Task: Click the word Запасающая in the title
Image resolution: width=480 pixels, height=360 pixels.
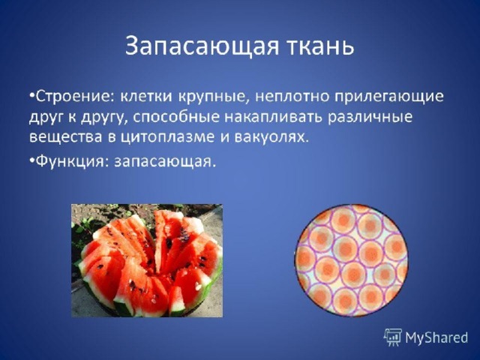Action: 202,46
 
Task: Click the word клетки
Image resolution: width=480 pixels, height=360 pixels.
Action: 145,97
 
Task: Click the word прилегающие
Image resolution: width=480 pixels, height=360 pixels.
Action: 388,98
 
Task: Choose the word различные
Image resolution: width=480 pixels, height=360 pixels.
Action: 370,117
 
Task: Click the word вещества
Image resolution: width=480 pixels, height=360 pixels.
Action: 65,136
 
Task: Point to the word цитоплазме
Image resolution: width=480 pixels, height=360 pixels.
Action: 166,137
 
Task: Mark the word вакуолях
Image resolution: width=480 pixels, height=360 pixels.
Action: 270,137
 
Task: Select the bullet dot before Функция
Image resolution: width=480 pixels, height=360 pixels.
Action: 32,160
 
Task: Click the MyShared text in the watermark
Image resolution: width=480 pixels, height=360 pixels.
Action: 436,338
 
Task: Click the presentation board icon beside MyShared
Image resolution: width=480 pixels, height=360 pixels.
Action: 393,337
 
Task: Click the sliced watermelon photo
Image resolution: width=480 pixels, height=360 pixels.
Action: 147,260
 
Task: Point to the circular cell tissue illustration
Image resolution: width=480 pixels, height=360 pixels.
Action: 352,260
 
